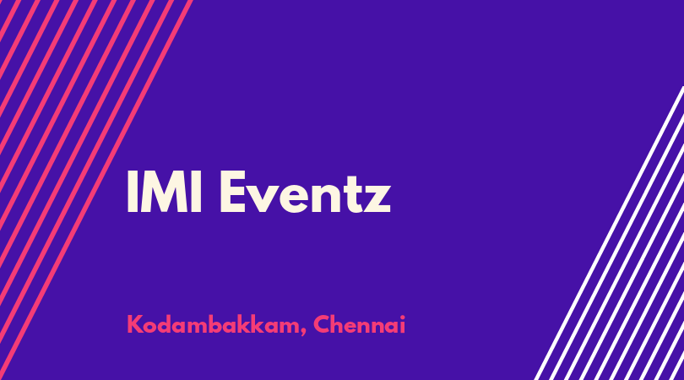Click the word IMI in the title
click(164, 192)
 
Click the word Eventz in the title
click(305, 192)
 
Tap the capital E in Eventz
click(232, 192)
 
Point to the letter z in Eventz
click(377, 198)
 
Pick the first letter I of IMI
click(131, 192)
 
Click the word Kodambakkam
click(214, 325)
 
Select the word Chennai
click(360, 324)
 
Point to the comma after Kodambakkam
click(303, 333)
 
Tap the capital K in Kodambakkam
click(134, 324)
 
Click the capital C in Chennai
click(322, 324)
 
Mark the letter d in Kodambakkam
click(166, 324)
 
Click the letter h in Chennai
click(337, 324)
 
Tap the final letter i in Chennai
click(403, 324)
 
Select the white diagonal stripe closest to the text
click(609, 233)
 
